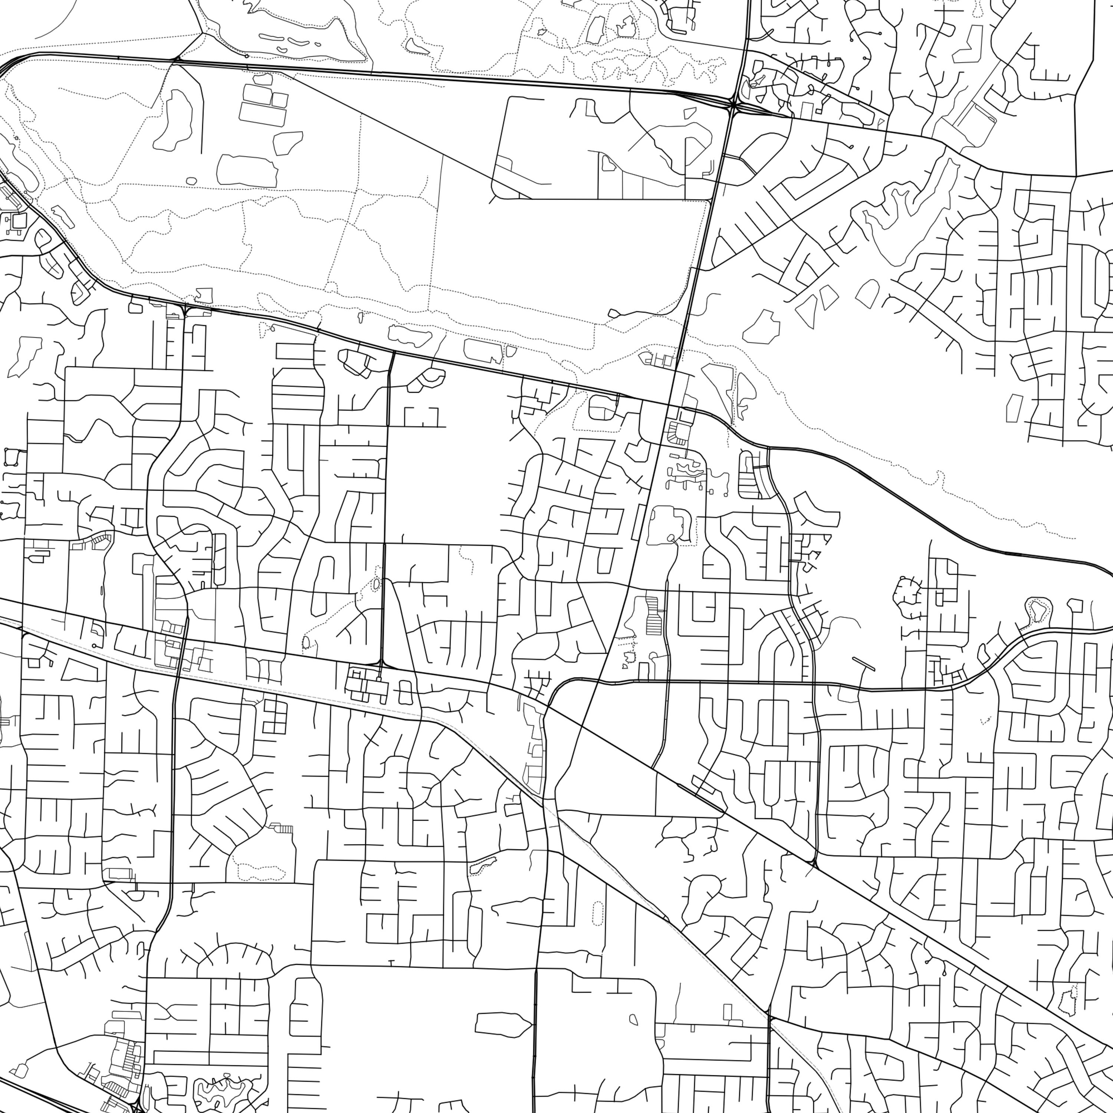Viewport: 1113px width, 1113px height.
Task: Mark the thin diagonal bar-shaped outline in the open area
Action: pyautogui.click(x=863, y=664)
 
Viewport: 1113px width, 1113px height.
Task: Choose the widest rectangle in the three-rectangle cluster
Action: pyautogui.click(x=262, y=114)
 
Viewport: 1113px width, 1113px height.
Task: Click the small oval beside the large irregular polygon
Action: pyautogui.click(x=192, y=181)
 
